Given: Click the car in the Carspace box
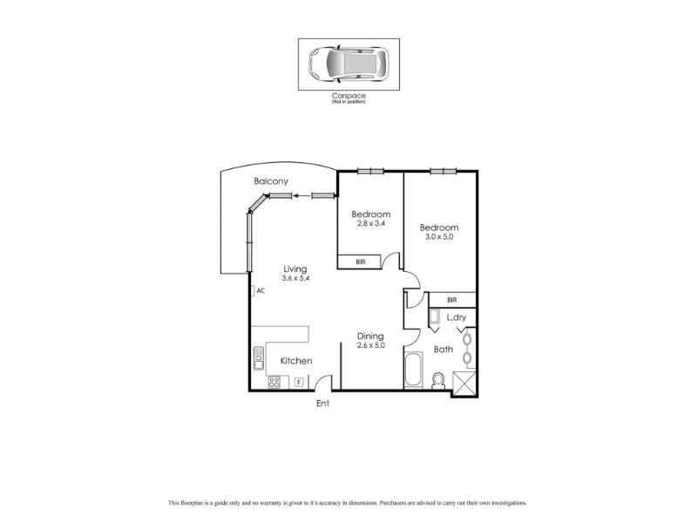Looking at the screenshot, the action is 349,64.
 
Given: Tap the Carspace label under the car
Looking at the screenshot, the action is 348,96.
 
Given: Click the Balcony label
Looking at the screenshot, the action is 271,181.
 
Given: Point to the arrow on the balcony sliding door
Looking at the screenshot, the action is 301,195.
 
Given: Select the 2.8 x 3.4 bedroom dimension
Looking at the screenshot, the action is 371,223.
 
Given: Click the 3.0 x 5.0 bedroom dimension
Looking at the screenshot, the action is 439,236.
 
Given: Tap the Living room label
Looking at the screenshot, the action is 295,269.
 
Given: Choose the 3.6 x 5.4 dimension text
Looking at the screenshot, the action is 295,278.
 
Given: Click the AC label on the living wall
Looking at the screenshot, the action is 261,291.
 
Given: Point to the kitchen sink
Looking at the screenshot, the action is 258,358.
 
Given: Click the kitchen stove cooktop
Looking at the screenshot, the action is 274,382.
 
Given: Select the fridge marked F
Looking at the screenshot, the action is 299,382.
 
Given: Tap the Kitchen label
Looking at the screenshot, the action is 296,361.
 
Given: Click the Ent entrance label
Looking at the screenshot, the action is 322,404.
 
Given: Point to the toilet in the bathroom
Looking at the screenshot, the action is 439,381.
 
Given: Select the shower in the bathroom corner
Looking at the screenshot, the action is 464,384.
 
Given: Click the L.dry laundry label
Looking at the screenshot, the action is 456,317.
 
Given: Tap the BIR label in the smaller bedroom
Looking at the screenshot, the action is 361,262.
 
